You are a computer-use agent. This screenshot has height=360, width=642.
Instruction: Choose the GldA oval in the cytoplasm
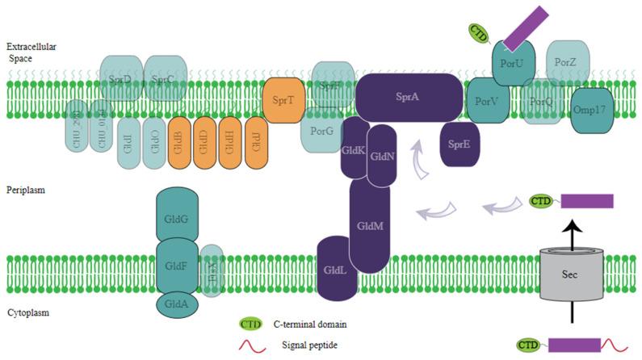[x=177, y=304]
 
